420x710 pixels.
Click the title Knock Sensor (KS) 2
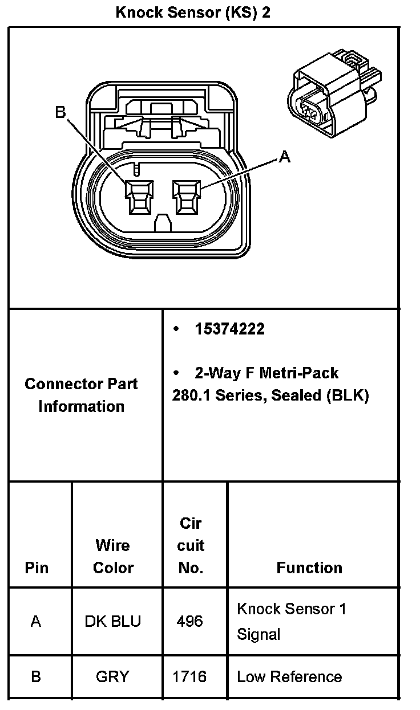coord(193,13)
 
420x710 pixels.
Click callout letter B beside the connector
coord(60,112)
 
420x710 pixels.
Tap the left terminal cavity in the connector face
coord(140,198)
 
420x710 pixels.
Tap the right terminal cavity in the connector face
coord(187,198)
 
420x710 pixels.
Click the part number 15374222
coord(229,329)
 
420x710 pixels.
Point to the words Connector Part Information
coord(81,395)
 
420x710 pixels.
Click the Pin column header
coord(37,568)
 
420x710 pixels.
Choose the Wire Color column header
coord(113,556)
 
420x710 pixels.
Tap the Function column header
coord(309,568)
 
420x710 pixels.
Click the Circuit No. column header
coord(191,545)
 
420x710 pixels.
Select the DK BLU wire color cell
coord(113,621)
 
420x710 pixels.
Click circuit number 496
coord(189,621)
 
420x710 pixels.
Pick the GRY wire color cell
coord(112,677)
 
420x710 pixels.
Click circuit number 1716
coord(189,677)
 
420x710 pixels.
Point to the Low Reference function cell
coord(289,677)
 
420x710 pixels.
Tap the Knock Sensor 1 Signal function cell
coord(291,621)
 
